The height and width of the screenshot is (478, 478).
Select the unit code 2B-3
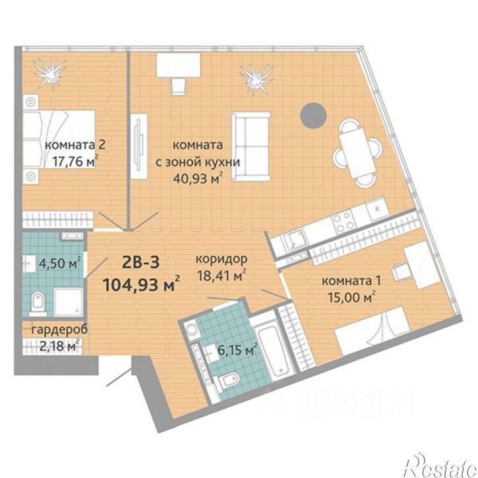(x=140, y=262)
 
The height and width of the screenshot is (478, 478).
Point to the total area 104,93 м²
(x=142, y=284)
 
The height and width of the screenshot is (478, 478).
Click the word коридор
(x=222, y=260)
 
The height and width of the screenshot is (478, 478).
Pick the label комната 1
(x=351, y=280)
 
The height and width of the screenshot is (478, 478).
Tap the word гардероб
(x=60, y=330)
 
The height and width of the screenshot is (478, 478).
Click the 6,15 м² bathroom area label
(x=235, y=350)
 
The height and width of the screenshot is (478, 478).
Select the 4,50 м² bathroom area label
(x=60, y=263)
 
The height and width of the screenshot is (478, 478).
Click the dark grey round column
(x=313, y=115)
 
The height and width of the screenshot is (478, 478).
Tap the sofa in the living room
(x=251, y=146)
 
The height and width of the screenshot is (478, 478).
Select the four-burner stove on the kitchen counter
(x=344, y=222)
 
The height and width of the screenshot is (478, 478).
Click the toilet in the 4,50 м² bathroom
(x=38, y=303)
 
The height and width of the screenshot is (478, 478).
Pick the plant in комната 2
(x=51, y=73)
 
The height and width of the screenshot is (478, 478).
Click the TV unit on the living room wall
(x=139, y=146)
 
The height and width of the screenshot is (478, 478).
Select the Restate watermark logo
(x=440, y=465)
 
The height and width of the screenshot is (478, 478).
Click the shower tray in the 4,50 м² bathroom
(x=69, y=303)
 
